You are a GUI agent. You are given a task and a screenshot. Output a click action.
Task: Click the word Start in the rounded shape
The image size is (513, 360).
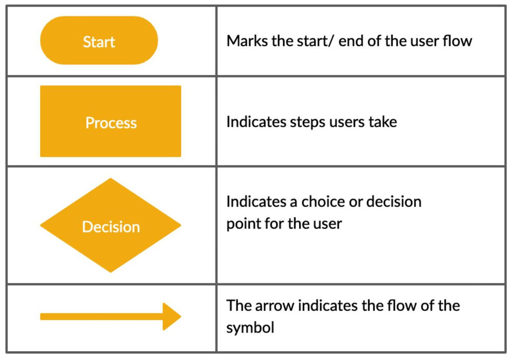point(98,42)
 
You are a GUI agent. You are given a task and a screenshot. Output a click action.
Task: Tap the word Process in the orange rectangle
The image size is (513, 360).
point(111,123)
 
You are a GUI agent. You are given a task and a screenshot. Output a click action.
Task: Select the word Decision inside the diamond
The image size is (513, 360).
point(111,227)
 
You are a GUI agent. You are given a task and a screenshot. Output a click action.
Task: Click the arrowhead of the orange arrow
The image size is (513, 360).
point(173,316)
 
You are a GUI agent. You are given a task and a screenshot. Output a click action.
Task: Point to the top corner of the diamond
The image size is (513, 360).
point(111,180)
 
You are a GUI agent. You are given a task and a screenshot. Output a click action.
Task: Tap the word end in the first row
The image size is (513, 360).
point(351,41)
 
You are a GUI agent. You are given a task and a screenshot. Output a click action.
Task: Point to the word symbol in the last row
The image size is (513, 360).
point(250,328)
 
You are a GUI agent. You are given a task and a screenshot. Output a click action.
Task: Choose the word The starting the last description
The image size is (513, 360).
point(238,306)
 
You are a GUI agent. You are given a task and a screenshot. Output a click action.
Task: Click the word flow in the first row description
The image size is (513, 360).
point(457,41)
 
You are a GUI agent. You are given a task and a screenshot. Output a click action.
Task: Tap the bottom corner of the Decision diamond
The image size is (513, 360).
point(111,271)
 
